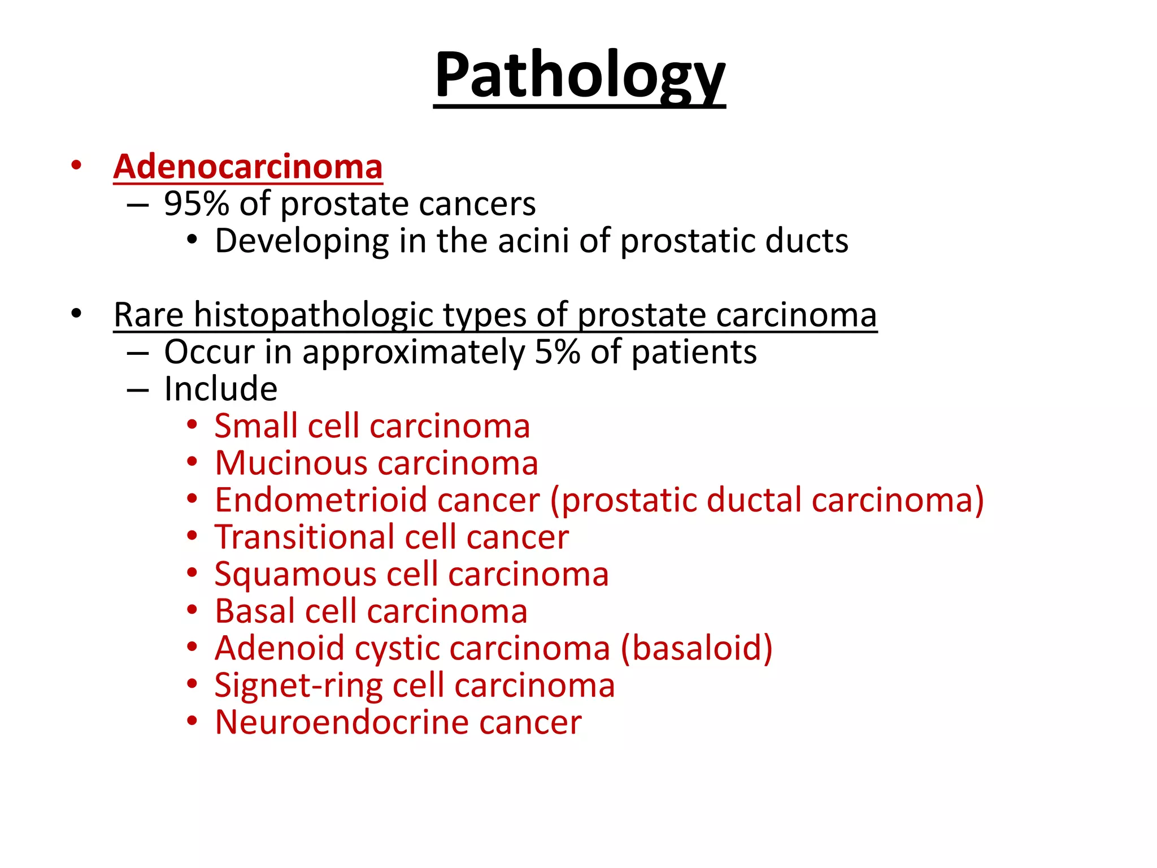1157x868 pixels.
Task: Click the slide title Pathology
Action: click(579, 76)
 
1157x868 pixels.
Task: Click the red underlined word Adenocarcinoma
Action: click(248, 167)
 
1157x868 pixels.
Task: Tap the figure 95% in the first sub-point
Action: click(196, 204)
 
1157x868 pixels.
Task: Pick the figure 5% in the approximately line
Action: click(557, 352)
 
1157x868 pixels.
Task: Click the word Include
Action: click(221, 389)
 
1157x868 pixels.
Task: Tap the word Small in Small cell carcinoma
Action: click(256, 426)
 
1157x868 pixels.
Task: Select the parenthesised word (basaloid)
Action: click(697, 649)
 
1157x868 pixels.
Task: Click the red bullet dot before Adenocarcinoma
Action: click(76, 166)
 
